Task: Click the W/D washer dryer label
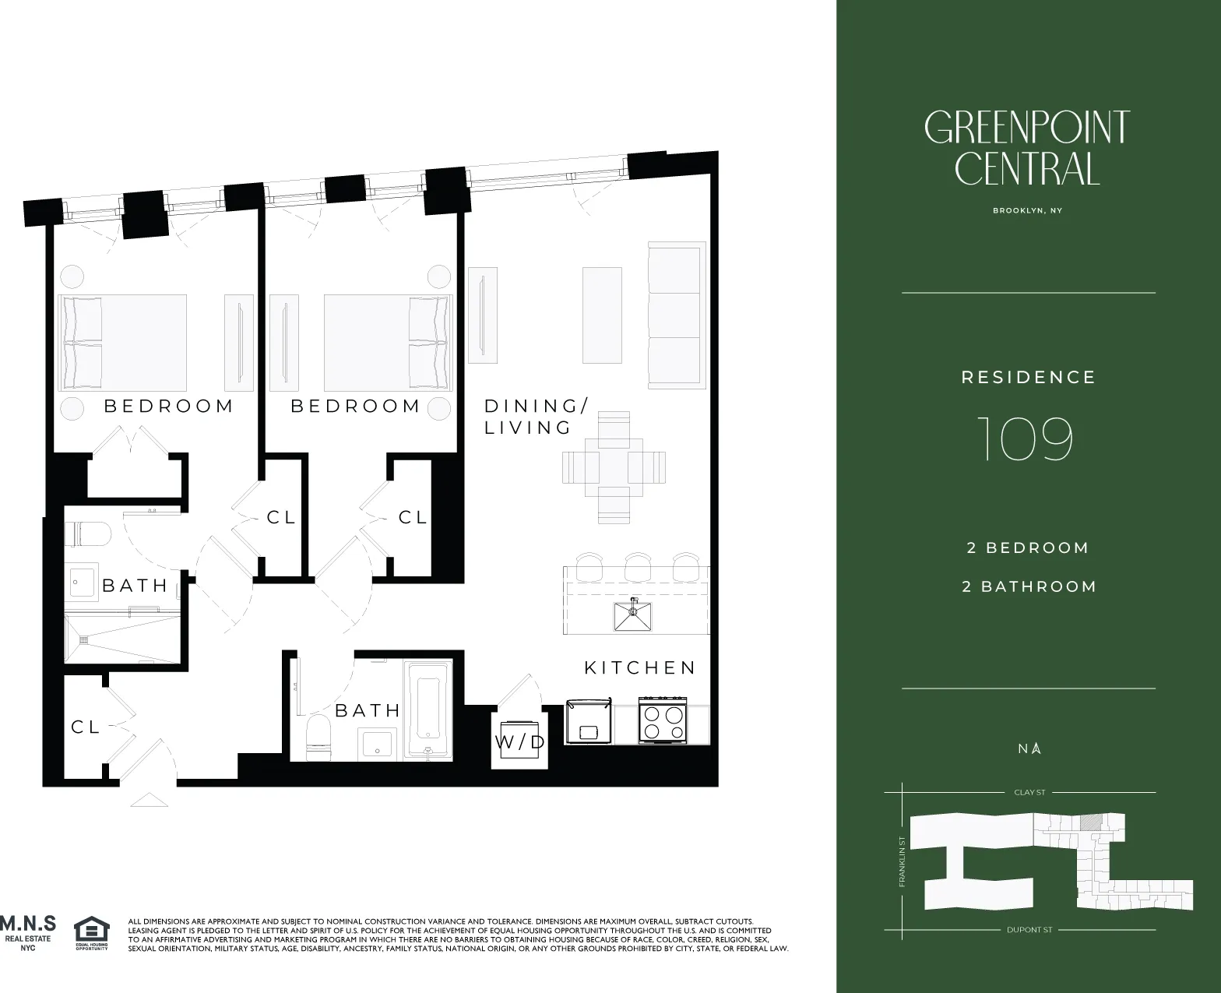tap(520, 741)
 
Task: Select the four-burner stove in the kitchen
tap(662, 720)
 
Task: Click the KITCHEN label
tap(640, 667)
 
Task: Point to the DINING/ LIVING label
tap(536, 417)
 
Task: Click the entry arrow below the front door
tap(149, 799)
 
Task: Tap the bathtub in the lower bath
tap(429, 709)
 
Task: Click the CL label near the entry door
tap(86, 727)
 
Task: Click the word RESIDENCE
tap(1028, 378)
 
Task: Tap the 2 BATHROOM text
tap(1029, 586)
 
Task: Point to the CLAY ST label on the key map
tap(1029, 792)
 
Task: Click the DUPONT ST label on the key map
tap(1029, 930)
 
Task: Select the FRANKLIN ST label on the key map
tap(902, 861)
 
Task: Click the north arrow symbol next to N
tap(1036, 748)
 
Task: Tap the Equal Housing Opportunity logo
tap(91, 934)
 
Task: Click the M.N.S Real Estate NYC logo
tap(28, 932)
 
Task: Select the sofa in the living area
tap(676, 315)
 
